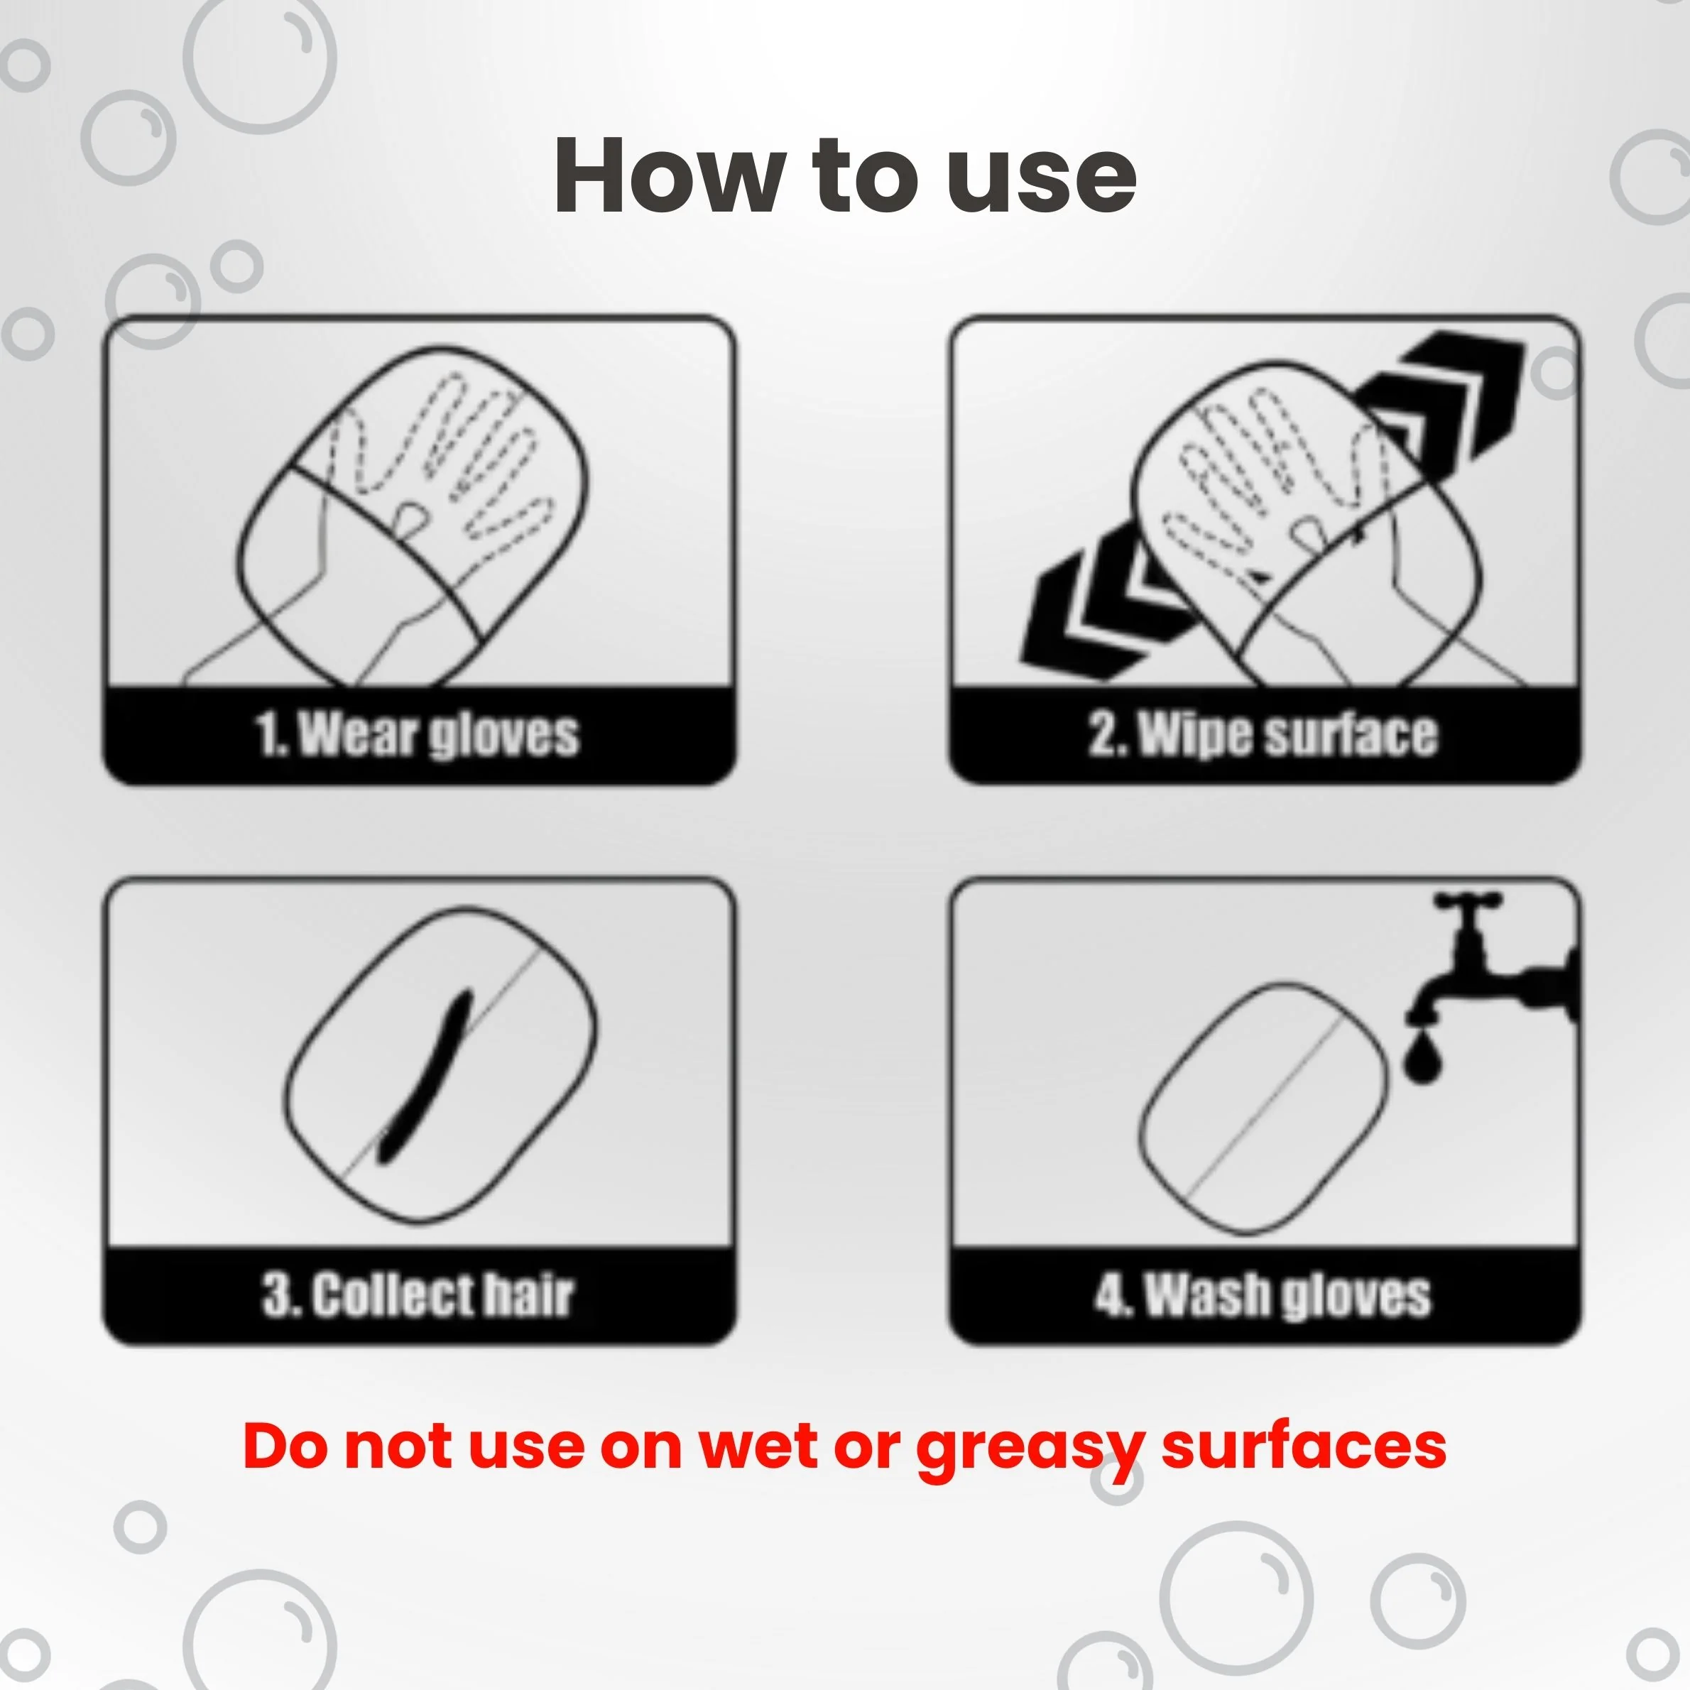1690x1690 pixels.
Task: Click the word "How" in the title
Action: [669, 175]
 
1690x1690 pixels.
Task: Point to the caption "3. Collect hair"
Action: [418, 1294]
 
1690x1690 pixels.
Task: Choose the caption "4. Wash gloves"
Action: [1263, 1294]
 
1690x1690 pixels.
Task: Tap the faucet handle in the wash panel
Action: [1468, 900]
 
